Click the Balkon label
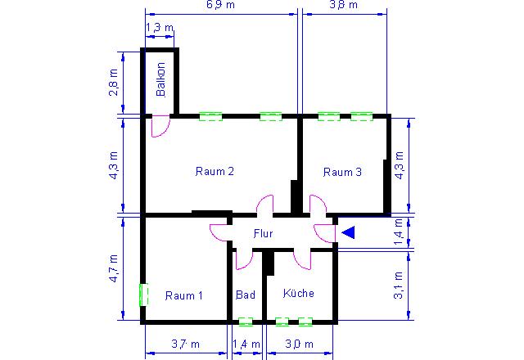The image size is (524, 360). pyautogui.click(x=160, y=79)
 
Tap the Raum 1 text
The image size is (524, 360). pyautogui.click(x=183, y=295)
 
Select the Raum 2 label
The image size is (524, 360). pyautogui.click(x=215, y=171)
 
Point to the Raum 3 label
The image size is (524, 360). pyautogui.click(x=342, y=172)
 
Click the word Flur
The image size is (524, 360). pyautogui.click(x=264, y=233)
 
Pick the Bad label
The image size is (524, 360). pyautogui.click(x=246, y=295)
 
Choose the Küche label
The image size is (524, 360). pyautogui.click(x=298, y=293)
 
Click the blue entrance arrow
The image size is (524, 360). pyautogui.click(x=348, y=232)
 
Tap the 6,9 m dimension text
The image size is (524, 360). pyautogui.click(x=220, y=5)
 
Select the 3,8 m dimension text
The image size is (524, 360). pyautogui.click(x=344, y=5)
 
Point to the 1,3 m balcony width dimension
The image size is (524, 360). pyautogui.click(x=160, y=27)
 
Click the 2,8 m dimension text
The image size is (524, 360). pyautogui.click(x=114, y=83)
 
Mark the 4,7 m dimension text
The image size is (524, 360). pyautogui.click(x=114, y=268)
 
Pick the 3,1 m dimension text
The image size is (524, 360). pyautogui.click(x=399, y=286)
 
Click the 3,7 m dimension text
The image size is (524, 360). pyautogui.click(x=186, y=344)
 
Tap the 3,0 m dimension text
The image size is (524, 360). pyautogui.click(x=300, y=344)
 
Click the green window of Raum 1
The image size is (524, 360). pyautogui.click(x=144, y=295)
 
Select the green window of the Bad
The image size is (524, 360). pyautogui.click(x=246, y=322)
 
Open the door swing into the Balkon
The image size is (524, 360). pyautogui.click(x=161, y=126)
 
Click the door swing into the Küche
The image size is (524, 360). pyautogui.click(x=303, y=260)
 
